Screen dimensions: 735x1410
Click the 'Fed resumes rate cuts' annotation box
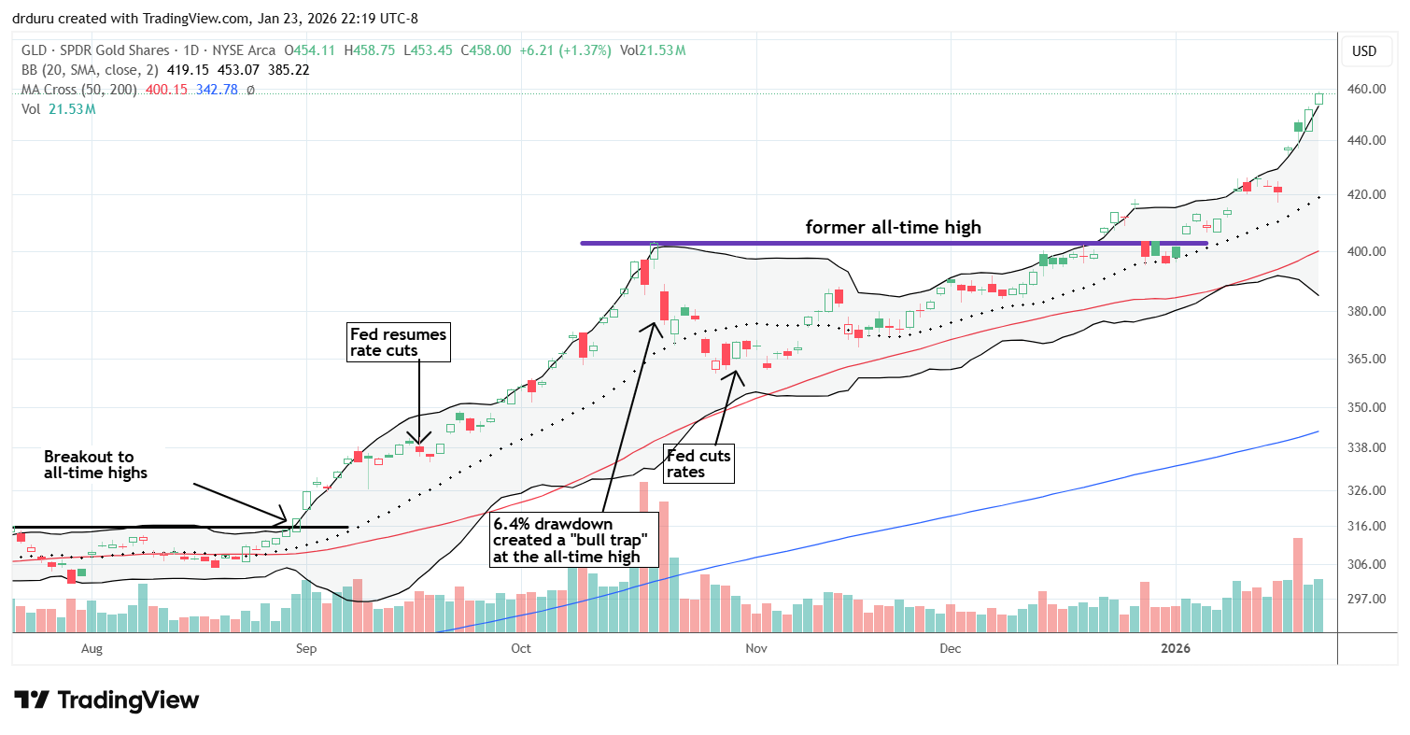(399, 342)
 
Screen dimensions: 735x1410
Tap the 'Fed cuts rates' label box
(698, 463)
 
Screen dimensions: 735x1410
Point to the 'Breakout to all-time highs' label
(89, 465)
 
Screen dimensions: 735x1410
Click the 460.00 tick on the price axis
(1363, 90)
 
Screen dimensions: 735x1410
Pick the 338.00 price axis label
(1363, 448)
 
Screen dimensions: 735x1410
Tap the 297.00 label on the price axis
(1363, 599)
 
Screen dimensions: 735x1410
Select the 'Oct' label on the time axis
(521, 647)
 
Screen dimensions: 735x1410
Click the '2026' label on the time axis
(1174, 647)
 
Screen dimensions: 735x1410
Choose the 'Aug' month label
(92, 647)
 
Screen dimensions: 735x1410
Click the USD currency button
(1363, 50)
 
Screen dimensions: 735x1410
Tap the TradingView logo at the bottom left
(106, 700)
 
